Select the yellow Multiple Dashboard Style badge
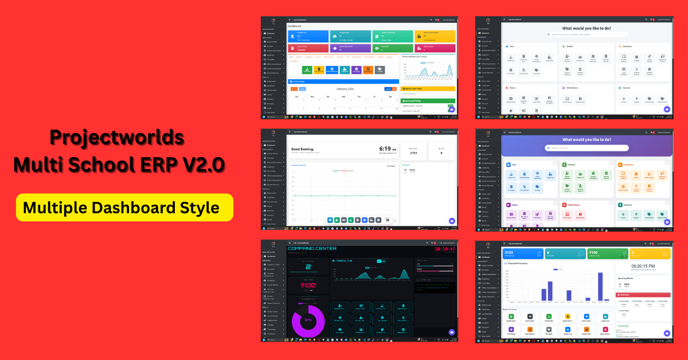124,207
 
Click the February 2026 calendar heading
345,89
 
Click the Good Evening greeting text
303,149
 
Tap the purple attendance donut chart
308,319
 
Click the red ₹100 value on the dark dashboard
308,285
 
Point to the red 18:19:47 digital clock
444,249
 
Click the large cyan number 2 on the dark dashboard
308,267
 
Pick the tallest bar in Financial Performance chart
600,287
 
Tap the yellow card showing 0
650,253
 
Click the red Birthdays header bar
642,295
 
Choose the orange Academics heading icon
620,165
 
